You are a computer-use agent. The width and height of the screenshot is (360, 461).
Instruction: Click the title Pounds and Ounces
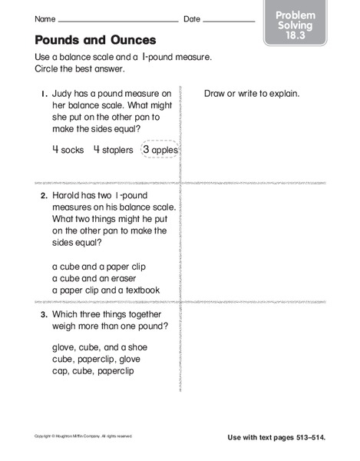(x=95, y=40)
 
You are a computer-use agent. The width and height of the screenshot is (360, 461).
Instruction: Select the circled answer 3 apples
(x=160, y=151)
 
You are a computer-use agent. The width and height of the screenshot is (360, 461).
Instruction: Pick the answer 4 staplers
(x=114, y=151)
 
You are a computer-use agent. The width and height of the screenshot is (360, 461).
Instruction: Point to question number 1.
(x=44, y=94)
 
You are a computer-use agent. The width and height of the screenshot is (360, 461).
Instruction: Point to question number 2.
(x=44, y=197)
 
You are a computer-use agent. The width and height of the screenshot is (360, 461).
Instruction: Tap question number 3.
(x=44, y=314)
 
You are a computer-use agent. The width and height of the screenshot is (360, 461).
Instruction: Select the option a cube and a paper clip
(x=98, y=267)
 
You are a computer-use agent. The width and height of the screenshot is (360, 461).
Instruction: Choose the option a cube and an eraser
(x=95, y=278)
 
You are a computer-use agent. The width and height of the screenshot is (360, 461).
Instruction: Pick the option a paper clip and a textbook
(x=106, y=290)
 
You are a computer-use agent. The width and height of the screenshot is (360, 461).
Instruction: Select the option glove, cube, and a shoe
(x=100, y=347)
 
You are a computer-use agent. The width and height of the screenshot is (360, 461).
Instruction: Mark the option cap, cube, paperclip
(x=92, y=371)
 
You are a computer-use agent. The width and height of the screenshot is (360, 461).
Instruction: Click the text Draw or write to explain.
(x=252, y=94)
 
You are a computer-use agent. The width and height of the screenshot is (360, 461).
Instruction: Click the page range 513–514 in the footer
(x=309, y=437)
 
